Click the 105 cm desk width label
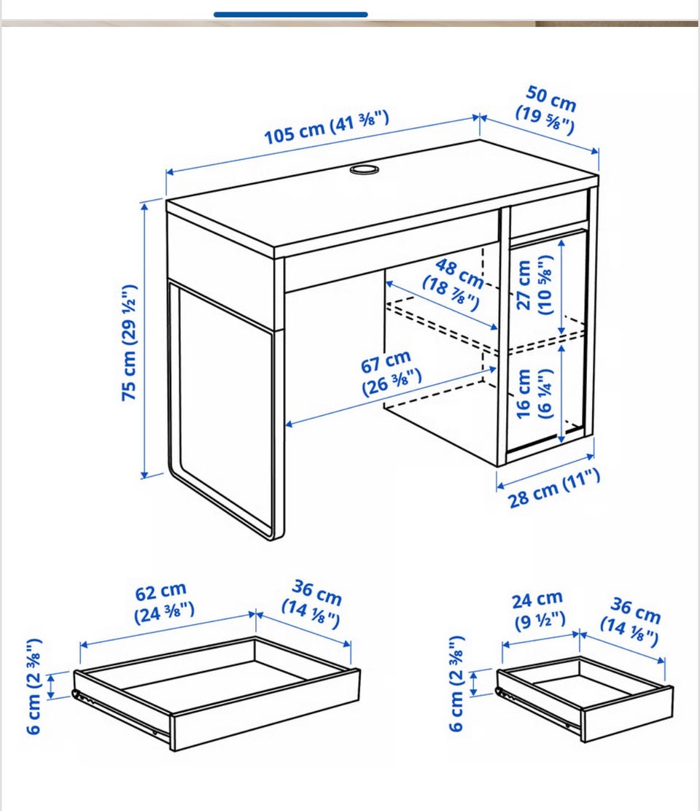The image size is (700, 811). (326, 127)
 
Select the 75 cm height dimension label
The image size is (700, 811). (129, 342)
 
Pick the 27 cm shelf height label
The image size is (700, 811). (535, 285)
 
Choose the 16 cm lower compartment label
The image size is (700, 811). (534, 393)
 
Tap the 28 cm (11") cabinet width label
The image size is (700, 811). (553, 489)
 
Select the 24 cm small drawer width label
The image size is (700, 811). (539, 609)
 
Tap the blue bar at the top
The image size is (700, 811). (290, 15)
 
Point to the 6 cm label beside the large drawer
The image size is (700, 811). (34, 686)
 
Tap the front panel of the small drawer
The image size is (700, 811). (628, 714)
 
